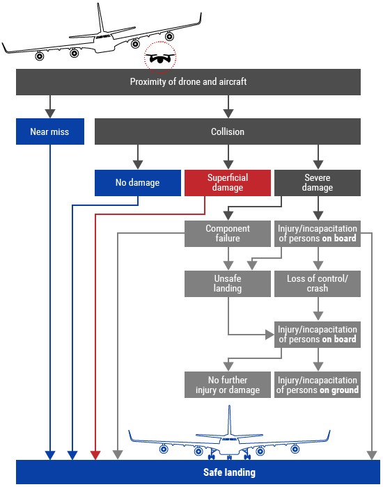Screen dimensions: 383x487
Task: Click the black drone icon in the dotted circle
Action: pos(160,58)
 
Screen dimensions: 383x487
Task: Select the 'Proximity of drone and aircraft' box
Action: pos(188,82)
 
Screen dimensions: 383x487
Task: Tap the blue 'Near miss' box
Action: pos(50,131)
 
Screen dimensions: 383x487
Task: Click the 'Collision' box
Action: pos(228,131)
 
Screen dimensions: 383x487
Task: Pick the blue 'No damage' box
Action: pos(138,182)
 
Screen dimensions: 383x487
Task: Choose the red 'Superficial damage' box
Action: pos(228,182)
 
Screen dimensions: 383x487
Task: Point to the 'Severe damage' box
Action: pos(318,182)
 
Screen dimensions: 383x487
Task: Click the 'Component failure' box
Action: pos(228,234)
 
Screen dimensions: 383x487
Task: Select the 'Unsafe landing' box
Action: pos(228,284)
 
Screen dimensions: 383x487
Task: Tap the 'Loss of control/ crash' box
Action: pos(318,284)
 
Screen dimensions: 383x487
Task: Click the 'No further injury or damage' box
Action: pos(228,385)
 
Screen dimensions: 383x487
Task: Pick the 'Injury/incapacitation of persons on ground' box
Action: pos(318,385)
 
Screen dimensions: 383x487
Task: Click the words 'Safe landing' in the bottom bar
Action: pos(229,472)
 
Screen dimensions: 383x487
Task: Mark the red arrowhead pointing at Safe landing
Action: pos(95,455)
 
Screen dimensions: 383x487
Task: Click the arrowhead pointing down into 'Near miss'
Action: pos(50,113)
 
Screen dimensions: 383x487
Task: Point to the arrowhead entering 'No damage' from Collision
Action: pos(138,165)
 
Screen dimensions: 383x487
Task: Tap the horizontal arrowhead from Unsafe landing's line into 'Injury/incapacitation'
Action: pos(269,335)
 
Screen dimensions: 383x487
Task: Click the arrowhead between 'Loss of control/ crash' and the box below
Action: pos(318,317)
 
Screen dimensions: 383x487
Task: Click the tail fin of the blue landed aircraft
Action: pos(229,420)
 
